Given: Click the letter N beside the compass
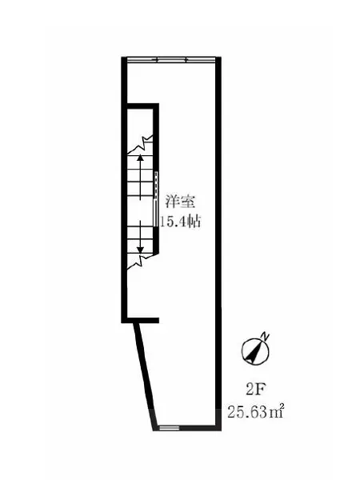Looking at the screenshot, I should click(266, 337).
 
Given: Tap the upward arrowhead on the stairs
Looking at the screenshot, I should click(141, 159).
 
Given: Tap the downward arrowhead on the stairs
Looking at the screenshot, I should click(141, 251).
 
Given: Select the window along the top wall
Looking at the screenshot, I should click(172, 58).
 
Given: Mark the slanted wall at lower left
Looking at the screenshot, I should click(144, 376).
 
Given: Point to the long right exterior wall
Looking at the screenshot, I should click(219, 240).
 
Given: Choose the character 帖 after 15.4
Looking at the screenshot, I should click(193, 222).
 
